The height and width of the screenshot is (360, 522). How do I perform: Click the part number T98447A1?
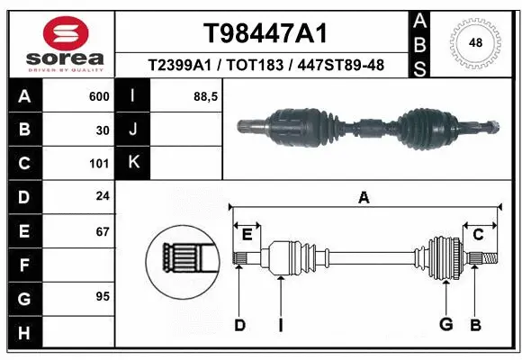coord(264,33)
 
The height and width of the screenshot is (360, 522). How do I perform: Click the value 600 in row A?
coord(99,96)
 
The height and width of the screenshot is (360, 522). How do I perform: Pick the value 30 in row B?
coord(103,130)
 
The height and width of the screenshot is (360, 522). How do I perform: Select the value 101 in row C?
coord(100,164)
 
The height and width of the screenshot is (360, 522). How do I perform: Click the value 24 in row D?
coord(103,197)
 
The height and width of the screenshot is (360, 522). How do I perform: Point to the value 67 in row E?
coord(103,231)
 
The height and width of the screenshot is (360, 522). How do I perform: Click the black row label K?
coord(133,163)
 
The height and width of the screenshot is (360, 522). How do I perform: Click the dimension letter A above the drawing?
coord(364,198)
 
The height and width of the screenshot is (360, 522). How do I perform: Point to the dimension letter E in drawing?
coord(247,235)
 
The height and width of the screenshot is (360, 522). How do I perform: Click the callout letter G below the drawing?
coord(445,324)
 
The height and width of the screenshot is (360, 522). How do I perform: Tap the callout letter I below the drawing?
coord(281,324)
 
